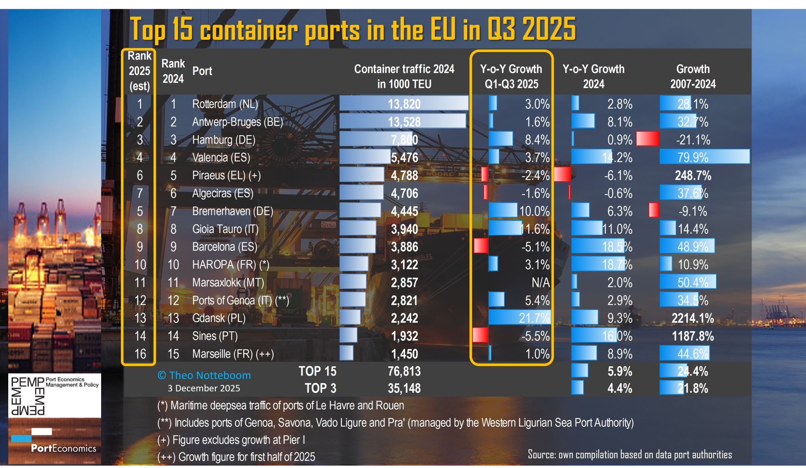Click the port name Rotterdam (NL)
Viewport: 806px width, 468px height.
point(225,104)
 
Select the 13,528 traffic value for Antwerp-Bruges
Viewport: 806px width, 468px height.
point(404,122)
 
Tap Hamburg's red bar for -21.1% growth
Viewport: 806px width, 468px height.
point(647,139)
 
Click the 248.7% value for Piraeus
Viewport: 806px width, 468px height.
point(693,175)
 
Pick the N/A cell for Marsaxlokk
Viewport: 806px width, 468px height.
point(540,282)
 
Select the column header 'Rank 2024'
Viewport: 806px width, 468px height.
point(173,71)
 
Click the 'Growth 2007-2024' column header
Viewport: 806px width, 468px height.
point(693,76)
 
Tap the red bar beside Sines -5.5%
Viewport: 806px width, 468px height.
point(480,336)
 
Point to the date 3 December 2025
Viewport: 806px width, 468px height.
point(203,388)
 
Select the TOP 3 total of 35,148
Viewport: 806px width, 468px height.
point(404,388)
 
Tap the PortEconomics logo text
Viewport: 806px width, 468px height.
point(63,448)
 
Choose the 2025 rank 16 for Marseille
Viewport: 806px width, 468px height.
point(140,354)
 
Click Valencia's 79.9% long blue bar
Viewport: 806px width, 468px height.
point(704,157)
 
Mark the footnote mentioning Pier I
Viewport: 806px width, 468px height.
point(231,440)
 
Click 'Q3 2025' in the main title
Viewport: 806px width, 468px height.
point(531,29)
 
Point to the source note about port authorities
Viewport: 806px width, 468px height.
point(629,455)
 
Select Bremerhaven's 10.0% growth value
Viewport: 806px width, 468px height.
point(534,211)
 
